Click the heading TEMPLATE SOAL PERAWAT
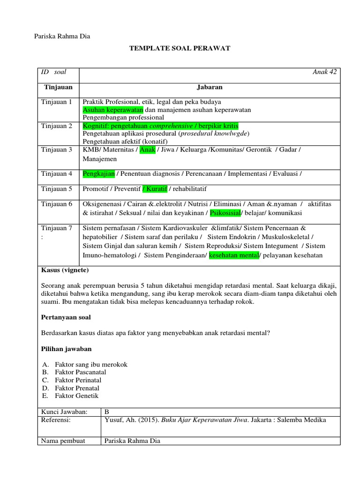(x=180, y=48)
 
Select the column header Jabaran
(x=210, y=87)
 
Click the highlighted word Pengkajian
(x=98, y=173)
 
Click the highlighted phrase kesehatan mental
(x=233, y=255)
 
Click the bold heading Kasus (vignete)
(x=65, y=270)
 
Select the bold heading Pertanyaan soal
(x=66, y=317)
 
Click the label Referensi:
(x=56, y=420)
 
